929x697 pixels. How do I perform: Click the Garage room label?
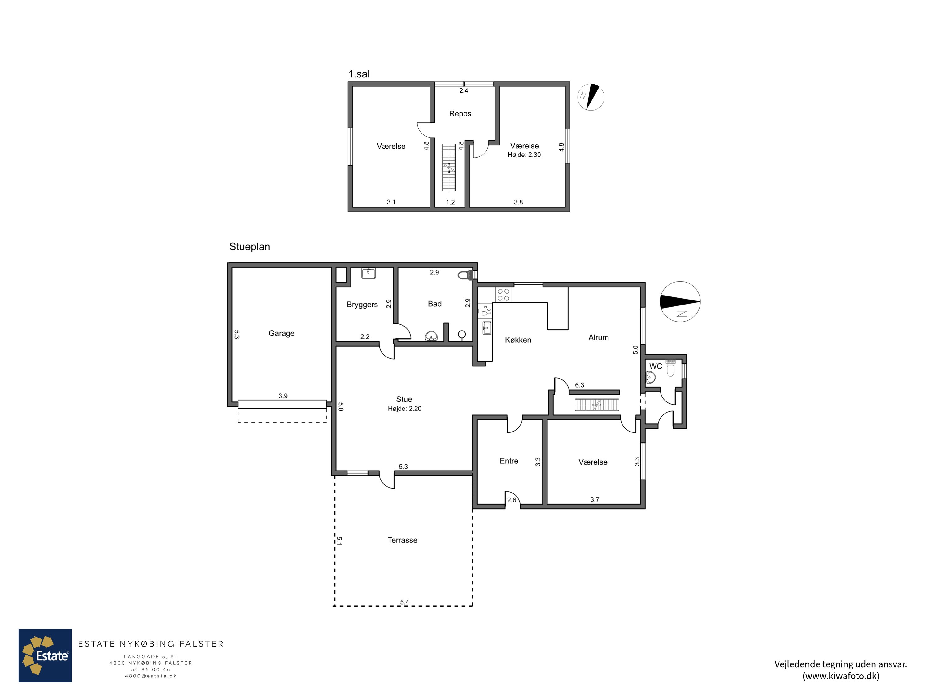tap(281, 333)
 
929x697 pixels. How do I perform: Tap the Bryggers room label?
tap(362, 305)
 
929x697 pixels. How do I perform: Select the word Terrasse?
tap(402, 540)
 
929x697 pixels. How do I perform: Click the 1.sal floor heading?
tap(359, 74)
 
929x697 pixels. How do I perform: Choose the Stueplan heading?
tap(250, 247)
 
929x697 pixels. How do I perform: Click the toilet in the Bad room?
tap(464, 275)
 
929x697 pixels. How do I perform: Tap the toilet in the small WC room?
tap(670, 368)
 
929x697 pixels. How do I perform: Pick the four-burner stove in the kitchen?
tap(503, 295)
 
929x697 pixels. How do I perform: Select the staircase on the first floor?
tap(448, 167)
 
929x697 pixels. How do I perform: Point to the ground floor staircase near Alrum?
tap(597, 405)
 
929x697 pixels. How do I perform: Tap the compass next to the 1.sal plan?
tap(591, 97)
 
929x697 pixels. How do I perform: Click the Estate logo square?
tap(45, 656)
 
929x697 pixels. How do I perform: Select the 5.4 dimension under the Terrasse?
tap(404, 602)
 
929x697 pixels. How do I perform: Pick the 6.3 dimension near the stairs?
tap(580, 385)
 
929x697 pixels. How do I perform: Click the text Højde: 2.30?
tap(524, 155)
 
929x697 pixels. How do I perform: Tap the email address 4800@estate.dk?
tap(151, 676)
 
